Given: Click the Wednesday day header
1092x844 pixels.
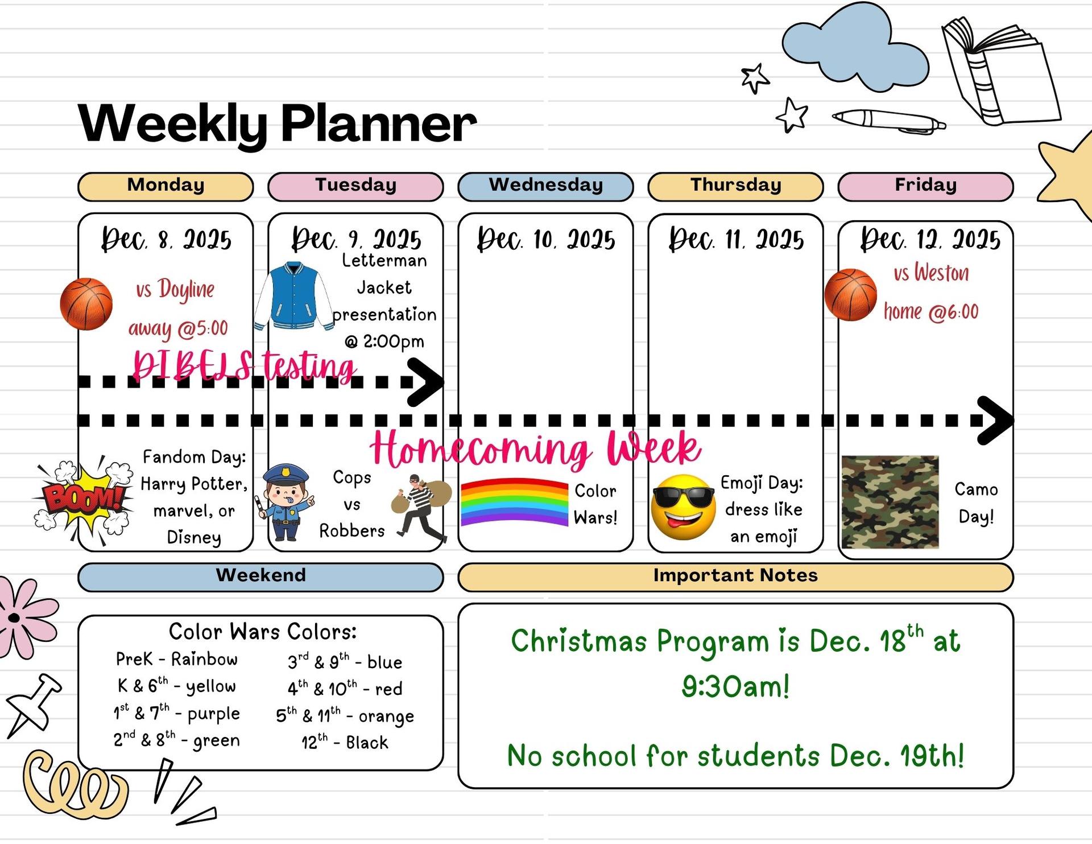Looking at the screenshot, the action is [x=545, y=187].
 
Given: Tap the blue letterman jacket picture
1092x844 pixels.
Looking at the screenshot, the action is [x=294, y=296].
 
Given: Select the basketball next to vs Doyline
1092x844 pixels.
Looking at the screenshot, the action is [x=86, y=304].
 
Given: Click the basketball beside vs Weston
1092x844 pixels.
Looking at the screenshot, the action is [x=851, y=295].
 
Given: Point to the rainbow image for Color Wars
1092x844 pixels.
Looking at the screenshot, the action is [x=514, y=501].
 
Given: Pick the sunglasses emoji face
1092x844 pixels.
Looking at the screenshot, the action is [x=683, y=507].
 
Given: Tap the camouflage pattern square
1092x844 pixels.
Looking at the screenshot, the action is [x=890, y=501].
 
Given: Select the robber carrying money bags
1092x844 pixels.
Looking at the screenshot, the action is [x=421, y=506].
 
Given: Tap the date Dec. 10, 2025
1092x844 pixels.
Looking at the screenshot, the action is [x=546, y=239].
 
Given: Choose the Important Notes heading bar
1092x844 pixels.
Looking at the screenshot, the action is [x=735, y=577].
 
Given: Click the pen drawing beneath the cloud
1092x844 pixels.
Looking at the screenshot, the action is [x=889, y=121].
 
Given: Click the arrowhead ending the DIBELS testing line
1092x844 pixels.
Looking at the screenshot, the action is [x=427, y=382].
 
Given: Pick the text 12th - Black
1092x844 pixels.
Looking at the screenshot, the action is [x=345, y=742].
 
